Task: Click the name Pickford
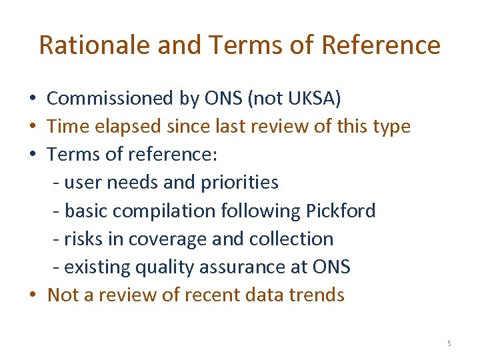(341, 211)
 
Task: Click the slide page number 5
(449, 343)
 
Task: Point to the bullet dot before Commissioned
(33, 99)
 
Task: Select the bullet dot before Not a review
(33, 295)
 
